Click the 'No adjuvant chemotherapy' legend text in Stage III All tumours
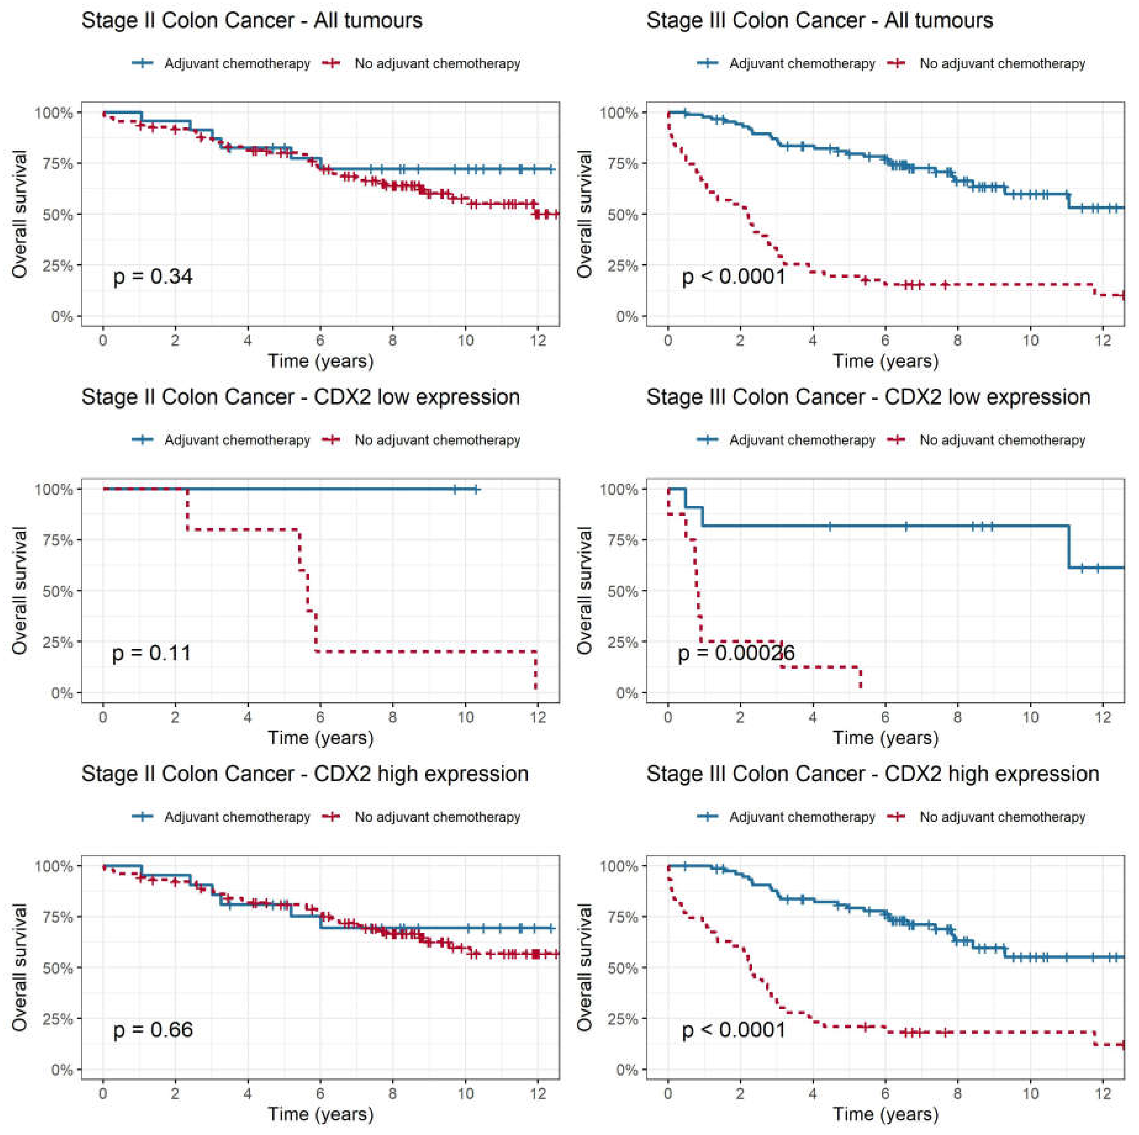pyautogui.click(x=1002, y=64)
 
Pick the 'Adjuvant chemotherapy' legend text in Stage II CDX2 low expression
pyautogui.click(x=237, y=440)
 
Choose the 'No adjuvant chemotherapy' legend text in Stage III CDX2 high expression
pyautogui.click(x=1002, y=817)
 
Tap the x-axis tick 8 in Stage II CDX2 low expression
pyautogui.click(x=393, y=717)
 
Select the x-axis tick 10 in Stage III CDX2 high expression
pyautogui.click(x=1030, y=1094)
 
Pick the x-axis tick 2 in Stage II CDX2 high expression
pyautogui.click(x=175, y=1094)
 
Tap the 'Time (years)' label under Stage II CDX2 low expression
pyautogui.click(x=321, y=738)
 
